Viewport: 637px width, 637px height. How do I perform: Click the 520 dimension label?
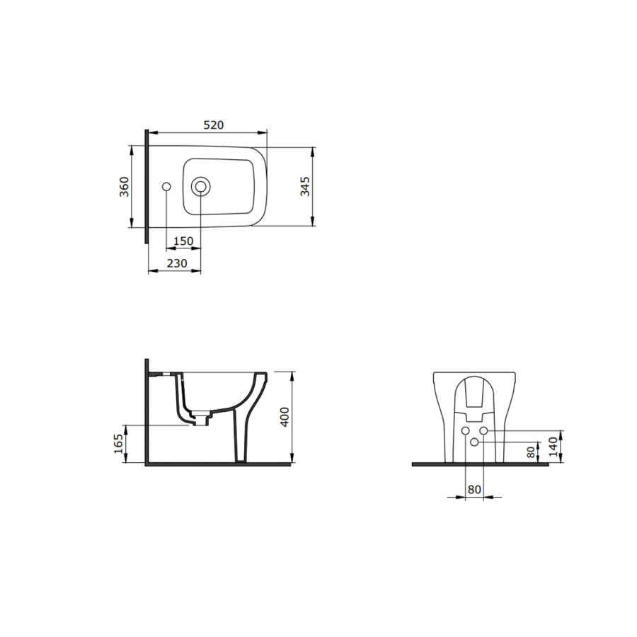[x=213, y=125]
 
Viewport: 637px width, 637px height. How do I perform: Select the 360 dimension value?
[x=124, y=187]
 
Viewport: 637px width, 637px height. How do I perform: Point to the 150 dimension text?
[x=183, y=241]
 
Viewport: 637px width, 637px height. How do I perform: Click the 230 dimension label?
[x=177, y=264]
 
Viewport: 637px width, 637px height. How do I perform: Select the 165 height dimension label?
[x=117, y=444]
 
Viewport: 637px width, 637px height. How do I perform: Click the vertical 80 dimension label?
[x=531, y=452]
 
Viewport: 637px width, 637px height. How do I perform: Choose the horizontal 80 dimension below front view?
[x=474, y=490]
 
